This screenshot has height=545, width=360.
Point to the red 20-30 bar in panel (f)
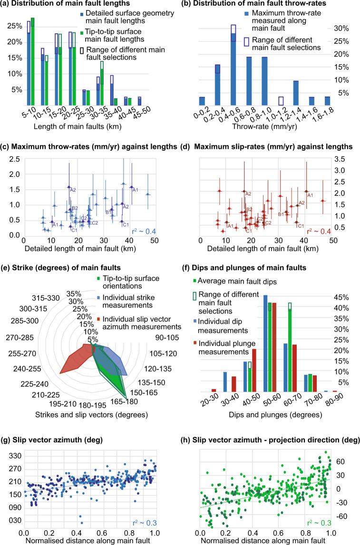click(x=214, y=390)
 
